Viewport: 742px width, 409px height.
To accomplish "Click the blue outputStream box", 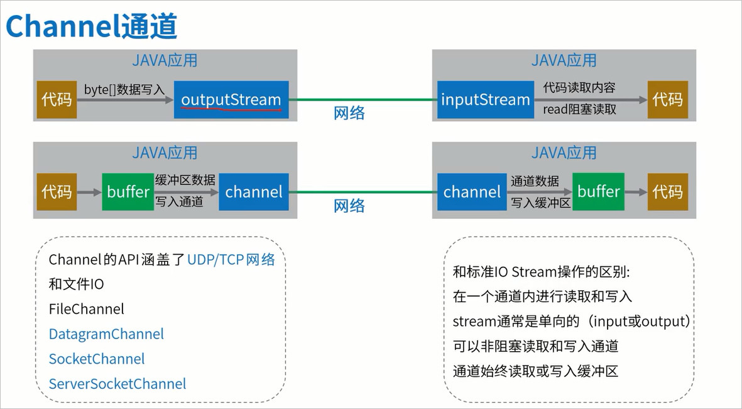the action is pos(231,99).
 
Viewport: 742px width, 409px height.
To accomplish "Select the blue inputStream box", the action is pos(486,99).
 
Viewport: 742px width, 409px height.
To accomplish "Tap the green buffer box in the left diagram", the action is pos(128,192).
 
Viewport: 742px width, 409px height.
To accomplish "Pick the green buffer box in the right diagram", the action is pos(598,191).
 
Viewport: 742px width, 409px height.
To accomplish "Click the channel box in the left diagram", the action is pos(254,192).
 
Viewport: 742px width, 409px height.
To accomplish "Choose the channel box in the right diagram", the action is pos(472,192).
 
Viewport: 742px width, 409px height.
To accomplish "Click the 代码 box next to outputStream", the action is pos(57,99).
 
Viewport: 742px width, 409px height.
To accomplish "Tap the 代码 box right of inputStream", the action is pos(668,99).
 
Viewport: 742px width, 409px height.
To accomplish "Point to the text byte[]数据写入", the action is pos(124,89).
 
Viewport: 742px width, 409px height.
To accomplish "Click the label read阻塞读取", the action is pos(580,109).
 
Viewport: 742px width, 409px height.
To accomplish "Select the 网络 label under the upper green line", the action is pos(349,113).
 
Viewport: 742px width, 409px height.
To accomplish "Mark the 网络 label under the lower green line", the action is pos(349,206).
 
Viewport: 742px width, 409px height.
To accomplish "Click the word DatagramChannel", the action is pos(106,334).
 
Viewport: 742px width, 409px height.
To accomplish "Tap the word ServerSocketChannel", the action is pos(117,384).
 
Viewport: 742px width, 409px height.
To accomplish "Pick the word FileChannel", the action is pos(86,310).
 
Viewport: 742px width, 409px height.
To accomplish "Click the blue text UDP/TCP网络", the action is pos(231,260).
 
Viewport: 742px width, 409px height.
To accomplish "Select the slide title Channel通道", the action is pos(91,26).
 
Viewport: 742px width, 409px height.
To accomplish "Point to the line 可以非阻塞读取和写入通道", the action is pos(536,347).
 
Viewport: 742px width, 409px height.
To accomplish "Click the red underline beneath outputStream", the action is pos(231,109).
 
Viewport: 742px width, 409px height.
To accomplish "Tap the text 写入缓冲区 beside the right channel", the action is pos(540,203).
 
